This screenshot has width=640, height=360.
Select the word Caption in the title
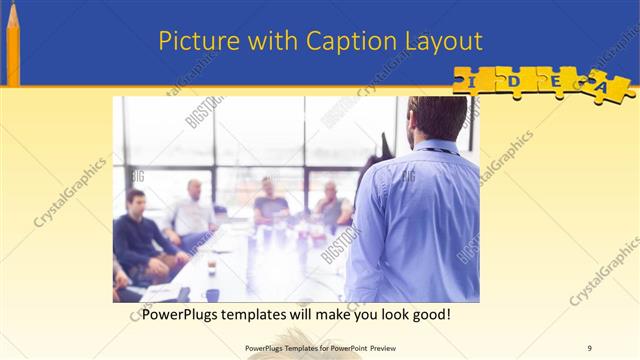coord(333,41)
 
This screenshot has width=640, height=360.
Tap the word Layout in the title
coord(441,41)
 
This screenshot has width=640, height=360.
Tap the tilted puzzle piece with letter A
coord(606,87)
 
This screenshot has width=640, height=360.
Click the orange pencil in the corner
coord(13,45)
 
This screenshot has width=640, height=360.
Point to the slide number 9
coord(590,349)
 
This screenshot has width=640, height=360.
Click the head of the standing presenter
coord(438,118)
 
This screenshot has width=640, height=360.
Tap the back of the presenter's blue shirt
coord(420,220)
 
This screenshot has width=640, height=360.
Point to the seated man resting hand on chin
coord(331,205)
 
